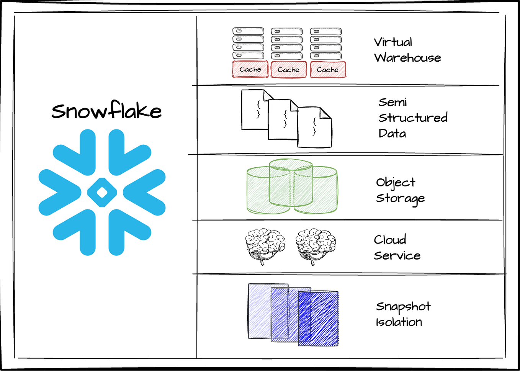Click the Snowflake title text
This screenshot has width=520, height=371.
click(106, 110)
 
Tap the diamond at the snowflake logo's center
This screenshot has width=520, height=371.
click(102, 192)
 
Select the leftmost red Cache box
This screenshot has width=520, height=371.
click(250, 69)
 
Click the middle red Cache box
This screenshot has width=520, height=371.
click(289, 69)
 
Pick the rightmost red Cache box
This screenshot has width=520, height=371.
click(328, 69)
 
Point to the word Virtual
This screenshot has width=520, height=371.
click(393, 42)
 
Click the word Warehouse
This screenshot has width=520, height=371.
click(407, 57)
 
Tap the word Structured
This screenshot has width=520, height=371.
click(413, 118)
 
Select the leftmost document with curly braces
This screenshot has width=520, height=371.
click(255, 110)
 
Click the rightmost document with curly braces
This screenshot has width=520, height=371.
click(314, 127)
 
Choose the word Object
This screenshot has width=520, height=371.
click(396, 183)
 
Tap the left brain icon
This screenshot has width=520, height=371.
click(265, 246)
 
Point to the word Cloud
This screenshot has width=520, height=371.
click(390, 240)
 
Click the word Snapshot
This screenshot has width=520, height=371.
click(403, 307)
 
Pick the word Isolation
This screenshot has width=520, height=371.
click(399, 322)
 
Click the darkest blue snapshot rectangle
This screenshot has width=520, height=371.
click(318, 319)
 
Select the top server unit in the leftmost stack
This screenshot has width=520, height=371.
click(249, 31)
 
